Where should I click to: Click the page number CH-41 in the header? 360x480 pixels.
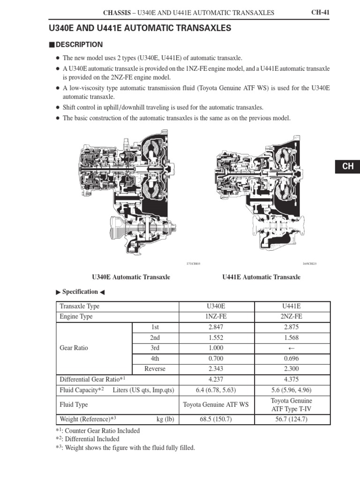pyautogui.click(x=321, y=13)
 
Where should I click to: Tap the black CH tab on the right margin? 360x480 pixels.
pyautogui.click(x=347, y=166)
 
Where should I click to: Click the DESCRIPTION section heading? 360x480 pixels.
pyautogui.click(x=79, y=45)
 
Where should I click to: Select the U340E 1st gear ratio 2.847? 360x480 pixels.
pyautogui.click(x=216, y=327)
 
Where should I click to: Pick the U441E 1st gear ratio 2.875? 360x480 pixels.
pyautogui.click(x=292, y=327)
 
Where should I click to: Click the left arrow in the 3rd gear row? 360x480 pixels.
pyautogui.click(x=292, y=348)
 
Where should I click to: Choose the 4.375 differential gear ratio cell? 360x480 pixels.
pyautogui.click(x=292, y=379)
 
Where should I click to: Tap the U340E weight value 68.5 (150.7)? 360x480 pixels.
pyautogui.click(x=216, y=420)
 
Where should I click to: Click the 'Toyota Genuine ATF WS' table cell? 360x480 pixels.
pyautogui.click(x=216, y=405)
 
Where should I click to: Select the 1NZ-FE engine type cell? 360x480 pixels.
pyautogui.click(x=216, y=316)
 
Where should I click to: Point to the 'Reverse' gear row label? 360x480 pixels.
pyautogui.click(x=155, y=369)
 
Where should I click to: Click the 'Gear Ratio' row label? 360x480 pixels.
pyautogui.click(x=74, y=348)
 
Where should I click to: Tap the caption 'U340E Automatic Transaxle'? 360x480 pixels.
pyautogui.click(x=131, y=277)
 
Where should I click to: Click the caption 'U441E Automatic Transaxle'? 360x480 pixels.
pyautogui.click(x=261, y=277)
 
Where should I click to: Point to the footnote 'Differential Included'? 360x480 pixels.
pyautogui.click(x=92, y=439)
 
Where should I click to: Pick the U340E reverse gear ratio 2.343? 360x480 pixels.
pyautogui.click(x=216, y=369)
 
